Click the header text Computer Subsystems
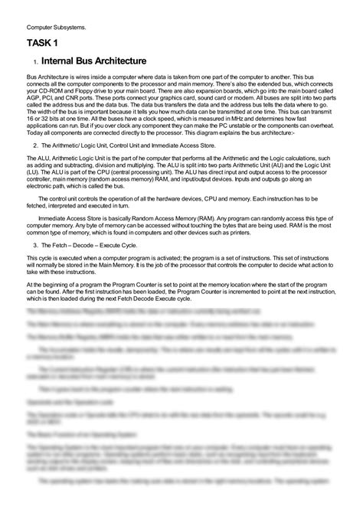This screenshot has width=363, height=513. point(51,27)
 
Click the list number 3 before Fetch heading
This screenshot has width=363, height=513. point(35,244)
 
